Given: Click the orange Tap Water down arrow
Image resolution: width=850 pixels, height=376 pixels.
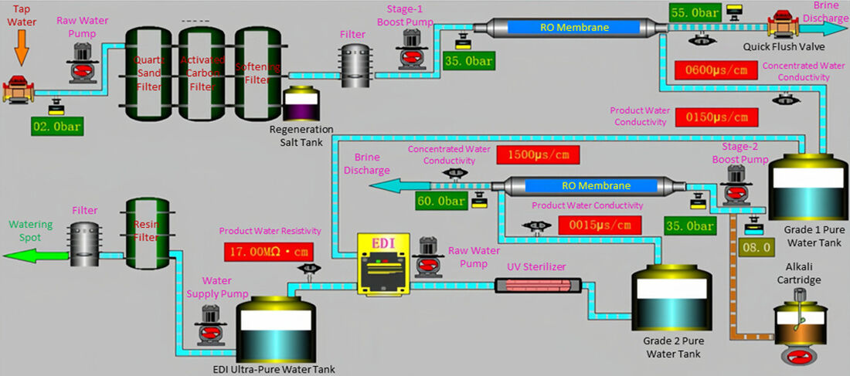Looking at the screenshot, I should (21, 53).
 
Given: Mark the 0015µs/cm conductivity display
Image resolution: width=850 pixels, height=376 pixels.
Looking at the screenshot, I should (599, 225).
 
